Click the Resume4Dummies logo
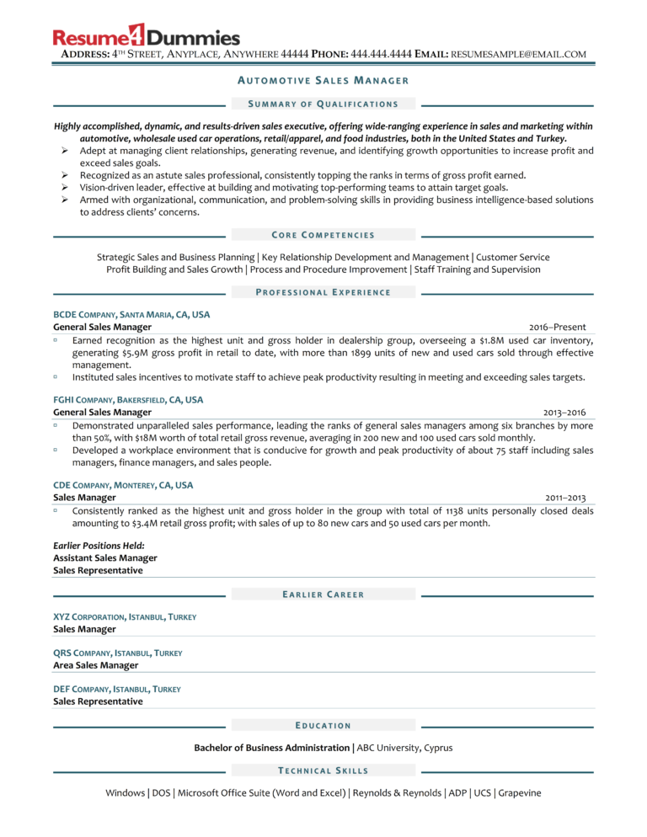tap(147, 37)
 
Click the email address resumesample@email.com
tap(518, 54)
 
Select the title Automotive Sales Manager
tap(323, 81)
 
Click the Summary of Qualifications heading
tap(323, 104)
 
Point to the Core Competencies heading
tap(323, 234)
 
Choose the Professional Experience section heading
tap(323, 292)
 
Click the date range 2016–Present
tap(557, 327)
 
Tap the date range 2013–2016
tap(564, 413)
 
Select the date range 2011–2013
tap(565, 498)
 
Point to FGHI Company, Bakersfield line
tap(128, 400)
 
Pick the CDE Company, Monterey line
tap(123, 485)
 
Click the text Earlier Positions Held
tap(99, 545)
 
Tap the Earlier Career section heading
tap(323, 594)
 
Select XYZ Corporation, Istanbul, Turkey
tap(125, 616)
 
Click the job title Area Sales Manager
tap(95, 665)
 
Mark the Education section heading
tap(323, 725)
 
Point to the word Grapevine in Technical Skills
tap(520, 792)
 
